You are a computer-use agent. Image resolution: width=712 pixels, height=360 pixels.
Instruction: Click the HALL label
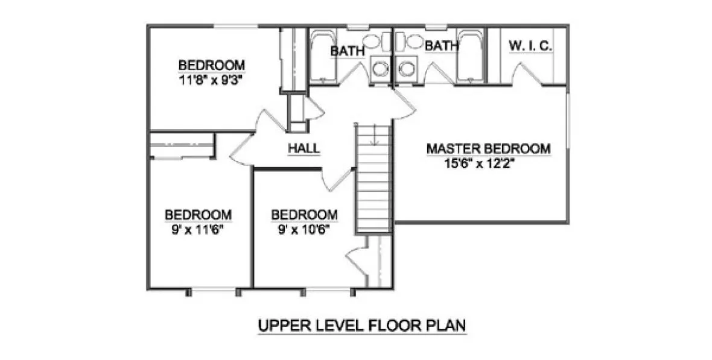(304, 148)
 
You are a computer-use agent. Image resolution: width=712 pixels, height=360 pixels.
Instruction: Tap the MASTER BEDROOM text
(488, 148)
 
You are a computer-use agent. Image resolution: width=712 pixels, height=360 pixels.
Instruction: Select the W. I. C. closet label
(530, 46)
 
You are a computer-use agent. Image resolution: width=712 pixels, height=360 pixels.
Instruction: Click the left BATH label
(347, 51)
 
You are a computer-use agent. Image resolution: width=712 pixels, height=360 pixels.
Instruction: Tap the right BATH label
(439, 46)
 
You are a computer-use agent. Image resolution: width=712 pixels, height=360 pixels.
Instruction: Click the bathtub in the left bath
(320, 57)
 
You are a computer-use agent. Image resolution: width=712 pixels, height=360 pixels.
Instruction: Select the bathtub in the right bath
(468, 57)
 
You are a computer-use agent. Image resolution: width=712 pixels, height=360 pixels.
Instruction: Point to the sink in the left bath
(380, 67)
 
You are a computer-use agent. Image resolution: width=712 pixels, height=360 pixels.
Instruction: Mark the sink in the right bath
(405, 67)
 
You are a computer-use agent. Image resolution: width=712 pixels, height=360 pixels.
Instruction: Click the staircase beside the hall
(373, 181)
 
